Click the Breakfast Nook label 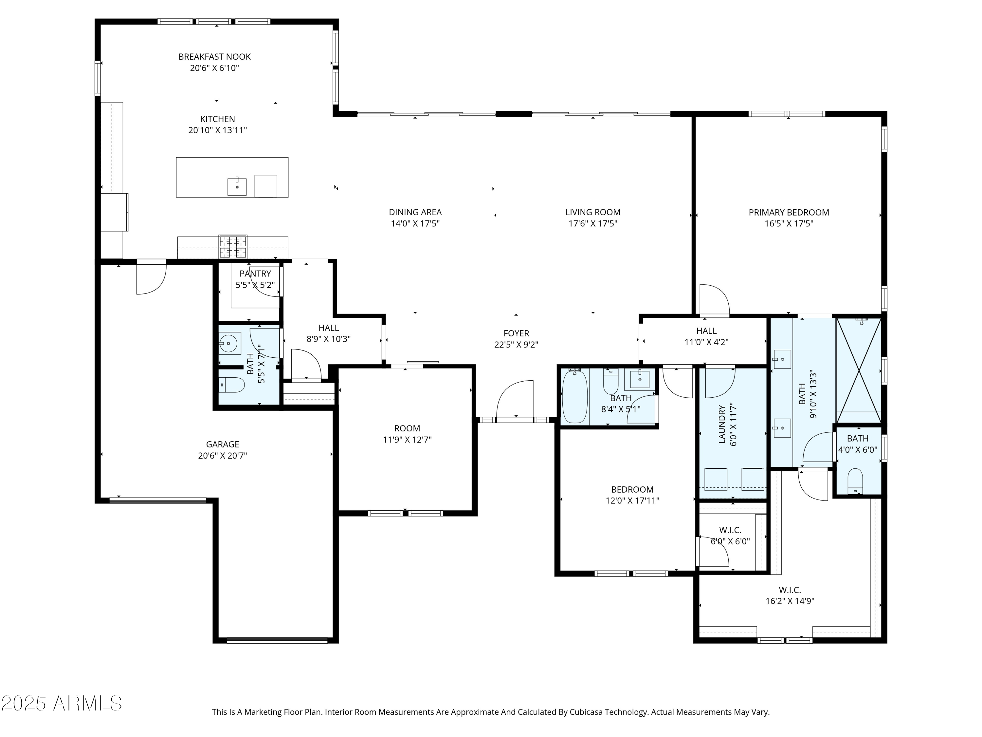[214, 57]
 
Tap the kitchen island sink [237, 187]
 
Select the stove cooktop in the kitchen [233, 247]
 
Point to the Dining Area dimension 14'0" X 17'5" [415, 223]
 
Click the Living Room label [593, 212]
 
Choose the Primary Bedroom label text [789, 212]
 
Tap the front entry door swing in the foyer [515, 399]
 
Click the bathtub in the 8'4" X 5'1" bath [575, 396]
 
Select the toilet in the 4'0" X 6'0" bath [855, 482]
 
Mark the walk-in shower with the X [859, 370]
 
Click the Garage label [222, 444]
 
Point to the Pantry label [255, 274]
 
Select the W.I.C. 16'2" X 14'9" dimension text [790, 601]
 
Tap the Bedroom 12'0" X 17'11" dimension [632, 501]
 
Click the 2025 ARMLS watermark [62, 703]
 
